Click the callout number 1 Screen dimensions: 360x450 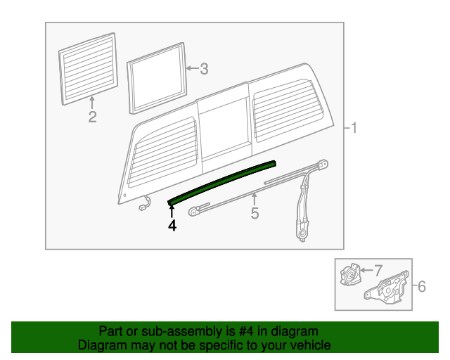click(x=355, y=128)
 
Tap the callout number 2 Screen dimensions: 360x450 click(x=92, y=117)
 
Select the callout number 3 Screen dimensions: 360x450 click(x=204, y=69)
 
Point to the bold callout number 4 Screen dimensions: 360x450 click(x=171, y=226)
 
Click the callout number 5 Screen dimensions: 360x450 click(x=255, y=213)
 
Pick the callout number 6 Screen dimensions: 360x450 click(x=422, y=286)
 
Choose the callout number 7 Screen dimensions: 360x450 click(x=378, y=269)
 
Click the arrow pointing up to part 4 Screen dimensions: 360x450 click(x=171, y=212)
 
